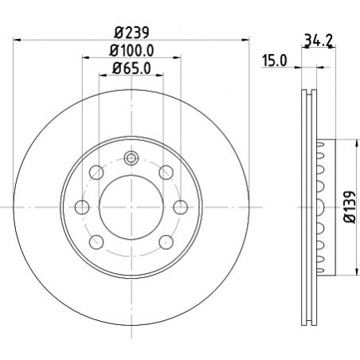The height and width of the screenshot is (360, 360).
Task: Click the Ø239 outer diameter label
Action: tap(131, 33)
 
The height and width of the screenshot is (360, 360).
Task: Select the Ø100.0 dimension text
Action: tap(131, 50)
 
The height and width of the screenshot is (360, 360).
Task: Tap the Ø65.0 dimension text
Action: tap(131, 68)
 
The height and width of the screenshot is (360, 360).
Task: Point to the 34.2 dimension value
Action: tap(318, 41)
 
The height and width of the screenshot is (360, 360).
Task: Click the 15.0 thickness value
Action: tap(275, 61)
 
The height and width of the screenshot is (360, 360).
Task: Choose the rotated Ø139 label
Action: tap(350, 207)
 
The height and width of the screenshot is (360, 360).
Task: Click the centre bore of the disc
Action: tap(131, 207)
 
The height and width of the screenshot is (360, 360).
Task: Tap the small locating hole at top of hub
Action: tap(131, 158)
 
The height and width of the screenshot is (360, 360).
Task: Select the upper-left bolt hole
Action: tap(96, 172)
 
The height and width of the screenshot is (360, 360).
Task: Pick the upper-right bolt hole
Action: tap(166, 172)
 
